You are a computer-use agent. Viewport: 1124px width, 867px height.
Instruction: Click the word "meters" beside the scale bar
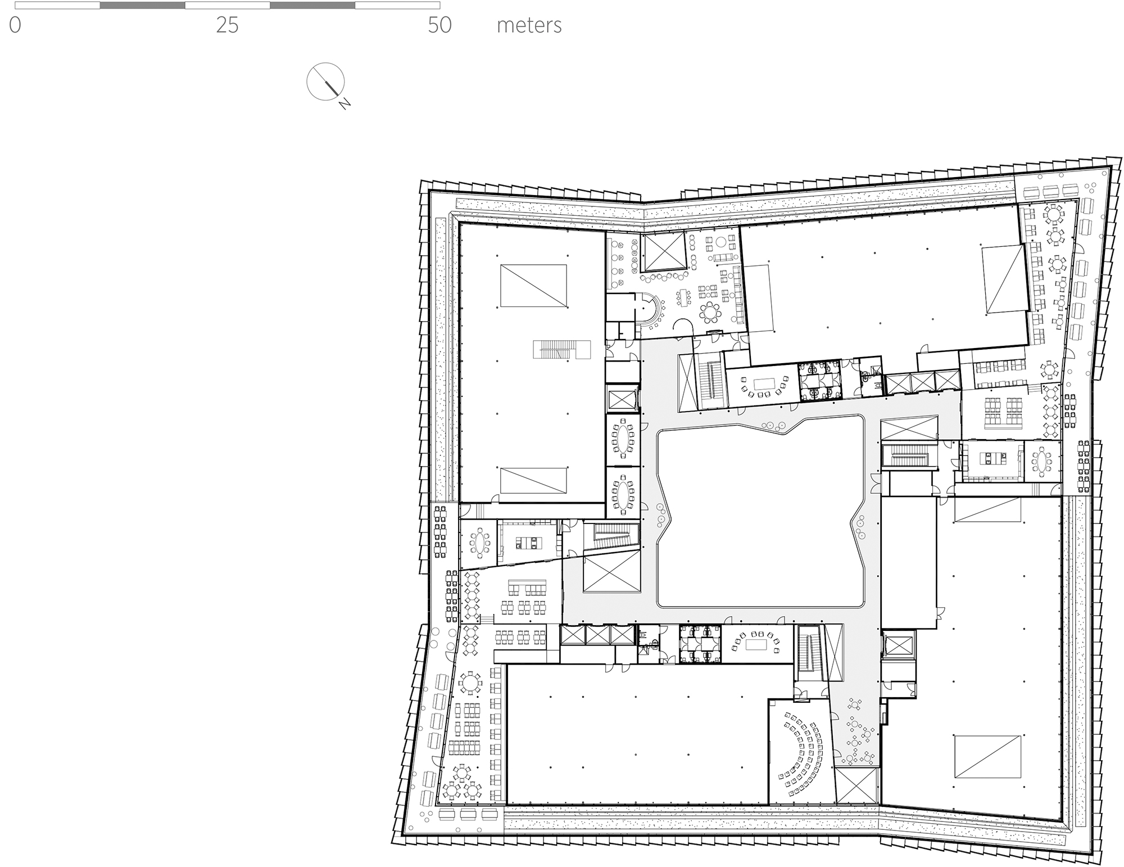coord(529,26)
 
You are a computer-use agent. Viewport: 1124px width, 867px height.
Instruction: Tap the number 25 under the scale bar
coord(227,26)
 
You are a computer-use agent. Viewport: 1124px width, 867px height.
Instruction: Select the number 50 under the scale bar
coord(439,26)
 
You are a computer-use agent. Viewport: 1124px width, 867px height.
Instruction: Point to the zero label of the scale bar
coord(15,26)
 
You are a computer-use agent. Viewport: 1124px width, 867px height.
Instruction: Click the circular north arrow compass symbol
coord(325,82)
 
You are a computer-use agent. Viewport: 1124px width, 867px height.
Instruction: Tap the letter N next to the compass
coord(345,104)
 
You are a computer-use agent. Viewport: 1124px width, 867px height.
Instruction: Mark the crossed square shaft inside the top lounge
coord(664,252)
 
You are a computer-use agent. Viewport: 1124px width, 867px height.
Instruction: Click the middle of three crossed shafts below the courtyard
coord(598,635)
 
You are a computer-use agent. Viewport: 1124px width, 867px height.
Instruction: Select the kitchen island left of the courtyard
coord(133,543)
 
